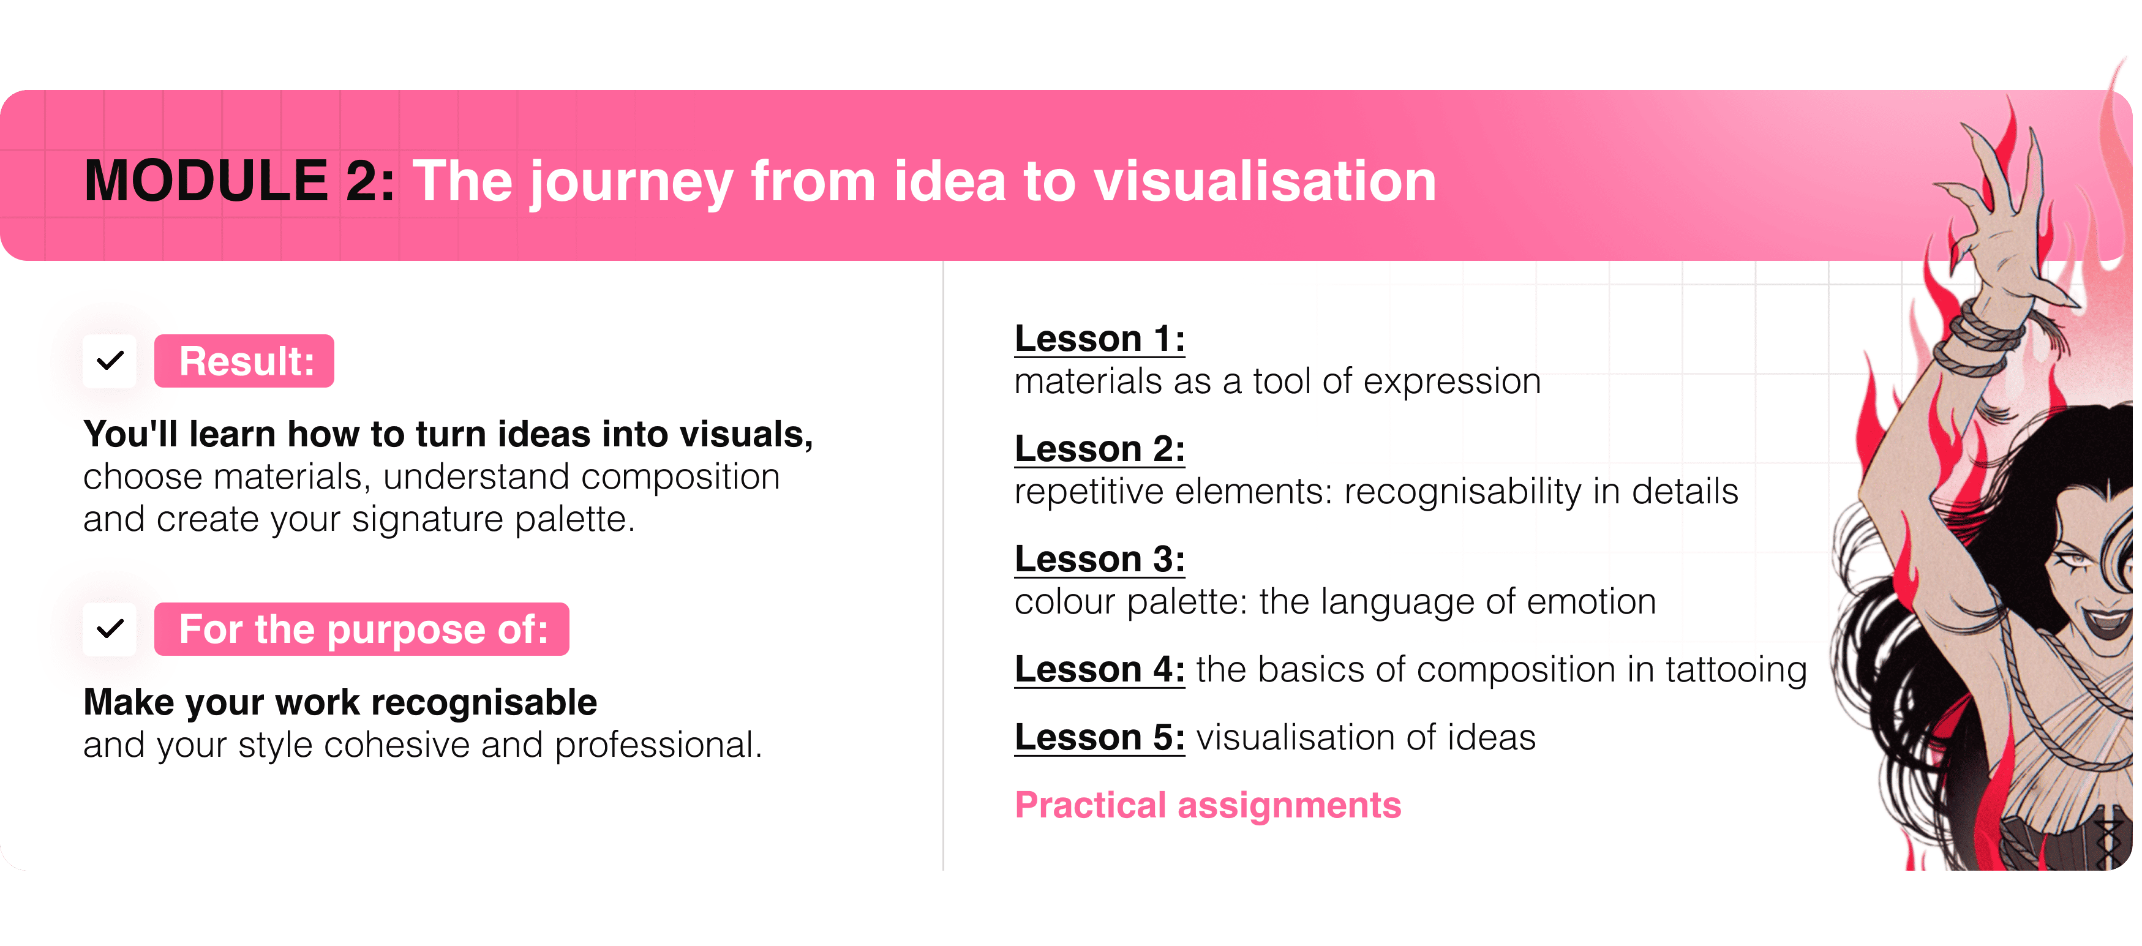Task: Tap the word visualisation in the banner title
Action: [x=1264, y=181]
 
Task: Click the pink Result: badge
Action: [x=244, y=361]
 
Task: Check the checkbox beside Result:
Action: [x=110, y=361]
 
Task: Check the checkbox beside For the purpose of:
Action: [x=110, y=629]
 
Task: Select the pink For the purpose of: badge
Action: [x=362, y=629]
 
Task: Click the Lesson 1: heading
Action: [x=1099, y=339]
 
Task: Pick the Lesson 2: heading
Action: [x=1099, y=449]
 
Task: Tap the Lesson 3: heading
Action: [x=1099, y=558]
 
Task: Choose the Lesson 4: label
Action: [x=1099, y=669]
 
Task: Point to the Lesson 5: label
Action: [x=1099, y=737]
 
